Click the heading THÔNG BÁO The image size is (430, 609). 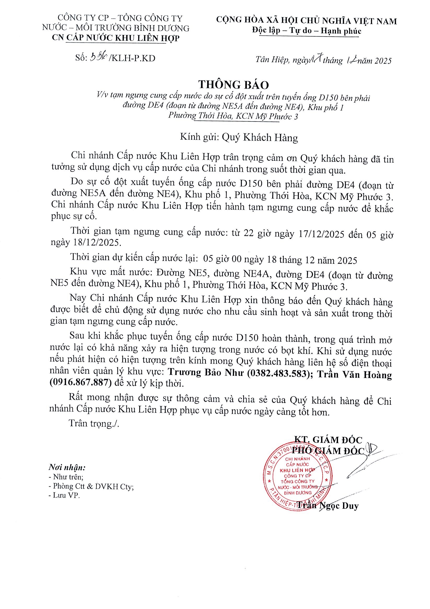click(x=234, y=85)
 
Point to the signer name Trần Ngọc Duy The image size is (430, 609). click(x=327, y=506)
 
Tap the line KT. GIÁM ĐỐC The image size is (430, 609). click(x=328, y=440)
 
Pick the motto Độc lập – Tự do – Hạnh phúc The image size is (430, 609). click(x=306, y=31)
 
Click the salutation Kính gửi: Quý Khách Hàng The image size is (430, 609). click(x=239, y=137)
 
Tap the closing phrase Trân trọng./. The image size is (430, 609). click(x=94, y=423)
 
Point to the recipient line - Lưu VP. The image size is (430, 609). click(x=65, y=495)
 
